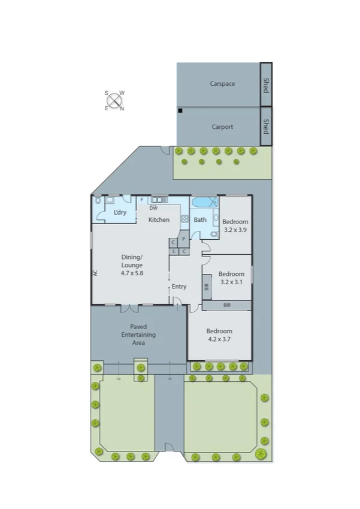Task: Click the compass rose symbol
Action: [114, 101]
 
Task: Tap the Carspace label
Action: [222, 84]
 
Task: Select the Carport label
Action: [222, 127]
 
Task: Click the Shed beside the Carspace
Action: [266, 85]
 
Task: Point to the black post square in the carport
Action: [179, 111]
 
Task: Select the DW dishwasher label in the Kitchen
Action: [153, 208]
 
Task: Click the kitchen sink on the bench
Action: [159, 200]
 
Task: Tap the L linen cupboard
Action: [174, 251]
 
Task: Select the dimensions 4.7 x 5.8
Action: [132, 273]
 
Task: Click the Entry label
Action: [179, 287]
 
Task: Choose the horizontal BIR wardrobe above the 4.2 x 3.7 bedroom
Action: [226, 306]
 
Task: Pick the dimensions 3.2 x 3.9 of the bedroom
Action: [234, 230]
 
